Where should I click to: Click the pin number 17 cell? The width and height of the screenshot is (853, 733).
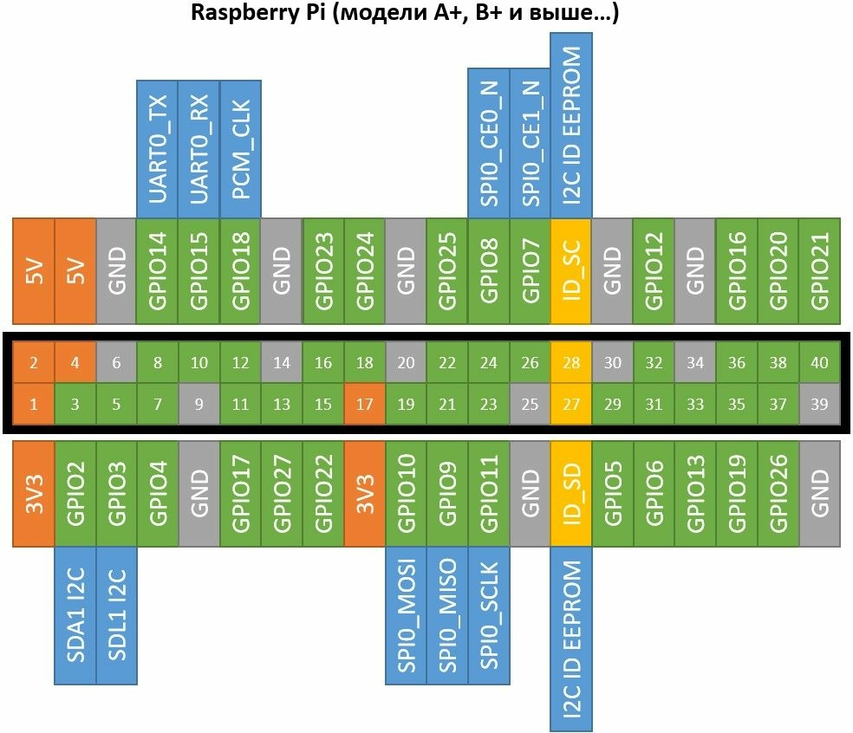click(x=365, y=404)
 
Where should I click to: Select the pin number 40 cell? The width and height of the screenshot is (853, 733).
click(x=819, y=363)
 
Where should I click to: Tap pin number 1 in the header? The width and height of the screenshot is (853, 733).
click(x=34, y=404)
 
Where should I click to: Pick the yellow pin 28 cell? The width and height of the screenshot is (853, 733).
click(x=571, y=363)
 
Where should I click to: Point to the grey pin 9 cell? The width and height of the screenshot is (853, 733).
click(x=199, y=404)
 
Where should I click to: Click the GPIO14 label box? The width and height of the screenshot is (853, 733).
click(x=158, y=271)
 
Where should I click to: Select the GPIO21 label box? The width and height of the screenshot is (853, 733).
click(x=819, y=271)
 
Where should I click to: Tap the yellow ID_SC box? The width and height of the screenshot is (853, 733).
click(x=571, y=271)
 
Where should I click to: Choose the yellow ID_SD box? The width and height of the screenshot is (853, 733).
click(x=571, y=494)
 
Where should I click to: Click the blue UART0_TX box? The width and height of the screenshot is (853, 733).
click(x=158, y=149)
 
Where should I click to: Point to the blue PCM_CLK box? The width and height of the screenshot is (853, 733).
click(x=241, y=149)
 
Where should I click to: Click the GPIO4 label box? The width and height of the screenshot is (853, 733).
click(x=158, y=494)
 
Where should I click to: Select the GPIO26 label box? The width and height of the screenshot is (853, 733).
click(x=778, y=494)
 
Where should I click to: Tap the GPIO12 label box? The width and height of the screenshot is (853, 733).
click(x=654, y=271)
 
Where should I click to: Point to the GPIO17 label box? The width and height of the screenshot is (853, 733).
click(x=241, y=494)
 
